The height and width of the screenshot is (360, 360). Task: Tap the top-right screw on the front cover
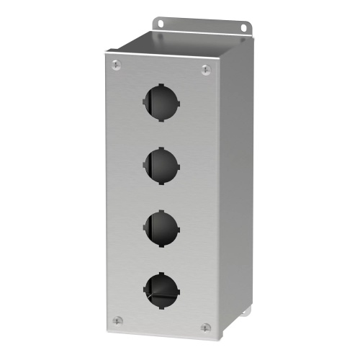(205, 70)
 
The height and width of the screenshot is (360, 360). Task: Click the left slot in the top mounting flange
(159, 23)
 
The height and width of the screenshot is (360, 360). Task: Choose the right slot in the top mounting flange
(243, 27)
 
